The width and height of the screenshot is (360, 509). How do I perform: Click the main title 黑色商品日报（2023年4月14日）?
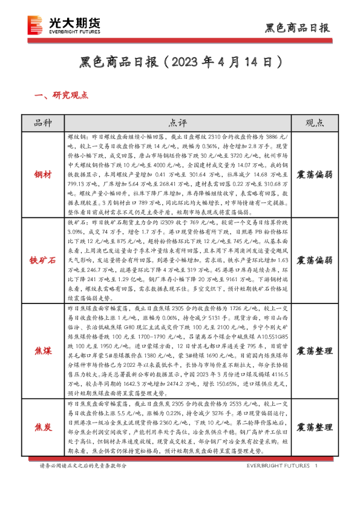tap(180, 62)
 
